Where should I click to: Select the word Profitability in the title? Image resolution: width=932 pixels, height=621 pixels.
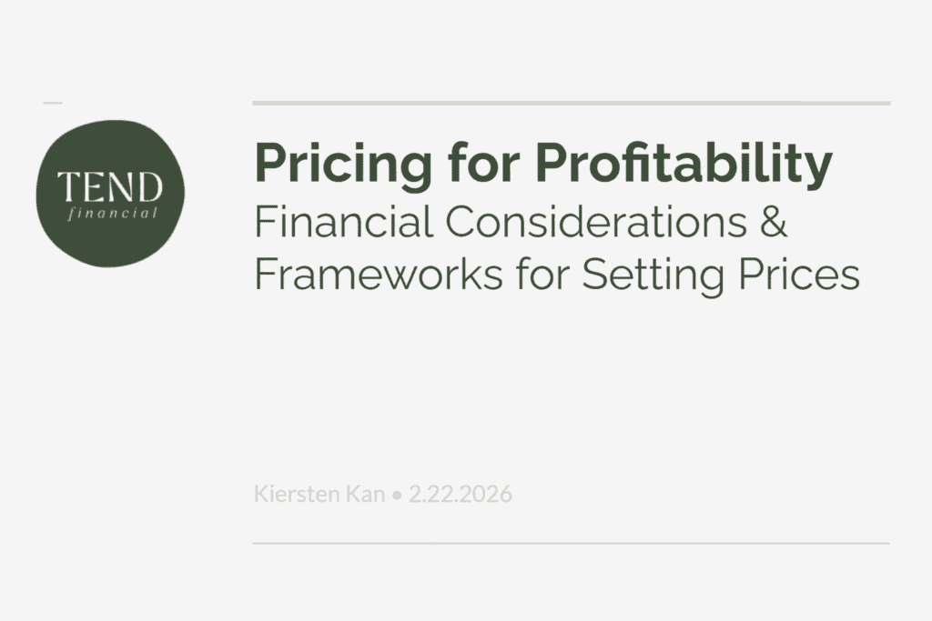click(x=684, y=165)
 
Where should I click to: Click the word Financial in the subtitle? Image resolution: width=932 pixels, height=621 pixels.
click(x=343, y=222)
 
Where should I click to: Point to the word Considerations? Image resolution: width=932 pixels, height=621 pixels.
click(x=595, y=222)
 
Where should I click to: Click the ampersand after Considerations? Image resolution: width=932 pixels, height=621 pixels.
click(x=773, y=222)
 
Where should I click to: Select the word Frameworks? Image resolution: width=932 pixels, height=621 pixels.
click(x=378, y=274)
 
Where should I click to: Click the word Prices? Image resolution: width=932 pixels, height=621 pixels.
click(x=799, y=274)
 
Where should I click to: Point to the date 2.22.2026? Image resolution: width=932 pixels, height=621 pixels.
click(x=460, y=494)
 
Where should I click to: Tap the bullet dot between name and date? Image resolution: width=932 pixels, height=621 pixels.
click(x=397, y=496)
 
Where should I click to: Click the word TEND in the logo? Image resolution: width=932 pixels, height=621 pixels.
click(x=110, y=187)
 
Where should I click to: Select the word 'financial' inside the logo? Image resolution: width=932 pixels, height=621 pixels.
click(x=112, y=213)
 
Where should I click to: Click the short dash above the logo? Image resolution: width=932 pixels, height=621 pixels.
click(x=52, y=103)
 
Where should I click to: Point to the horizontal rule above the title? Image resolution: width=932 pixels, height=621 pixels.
click(x=572, y=103)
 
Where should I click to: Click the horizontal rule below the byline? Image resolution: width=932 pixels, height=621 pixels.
click(x=572, y=543)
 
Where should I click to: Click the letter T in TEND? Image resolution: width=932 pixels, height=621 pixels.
click(x=66, y=187)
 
